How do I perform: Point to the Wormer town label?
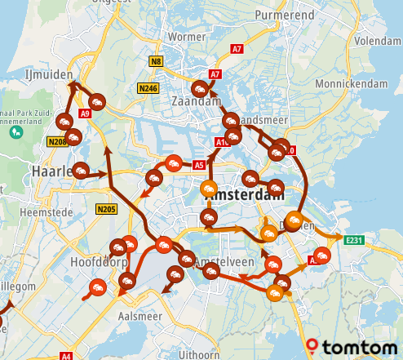coord(186,37)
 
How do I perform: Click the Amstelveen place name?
coord(225,262)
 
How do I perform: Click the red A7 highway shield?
coord(215,74)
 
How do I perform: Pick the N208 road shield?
coord(56,142)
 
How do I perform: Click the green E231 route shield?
coord(353,240)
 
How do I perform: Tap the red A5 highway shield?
coord(198,165)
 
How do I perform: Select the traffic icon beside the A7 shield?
coord(199,90)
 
